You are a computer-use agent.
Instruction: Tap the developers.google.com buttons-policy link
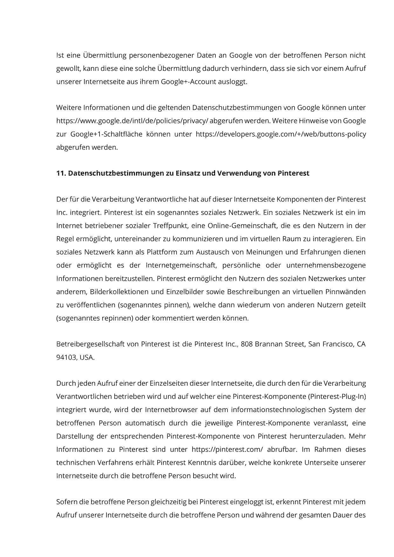[281, 134]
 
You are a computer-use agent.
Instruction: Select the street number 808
[247, 344]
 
